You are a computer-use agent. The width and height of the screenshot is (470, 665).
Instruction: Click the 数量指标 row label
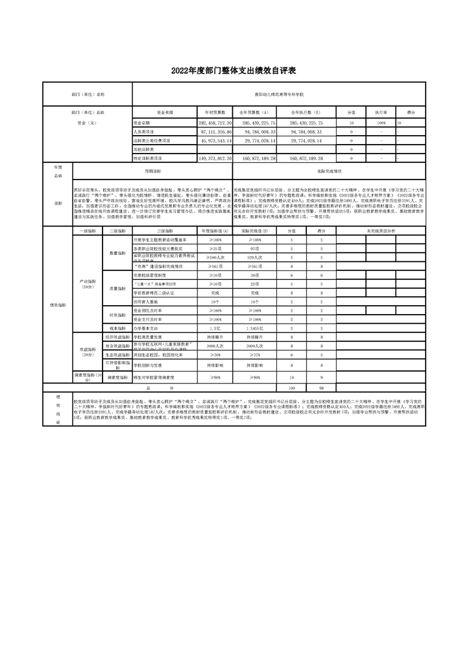tap(117, 253)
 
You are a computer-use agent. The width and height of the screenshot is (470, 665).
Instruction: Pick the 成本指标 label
tap(117, 328)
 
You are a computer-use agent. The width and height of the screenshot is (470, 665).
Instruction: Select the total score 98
tap(321, 388)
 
